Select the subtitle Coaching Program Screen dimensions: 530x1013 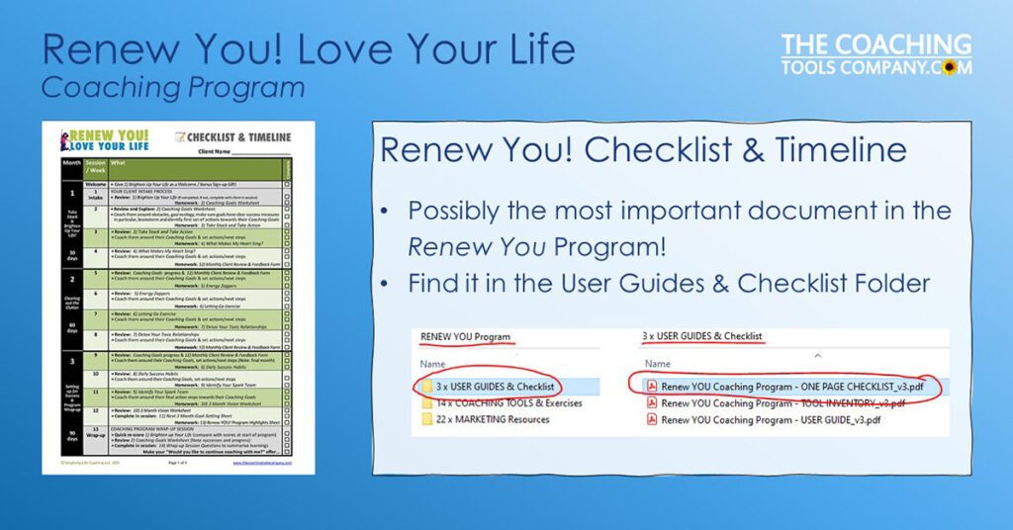tap(172, 87)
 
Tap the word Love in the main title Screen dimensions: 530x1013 tap(317, 49)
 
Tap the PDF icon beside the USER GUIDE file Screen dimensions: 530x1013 tap(651, 420)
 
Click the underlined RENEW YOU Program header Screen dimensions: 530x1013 tap(465, 337)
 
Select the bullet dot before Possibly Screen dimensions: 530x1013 tap(387, 212)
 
